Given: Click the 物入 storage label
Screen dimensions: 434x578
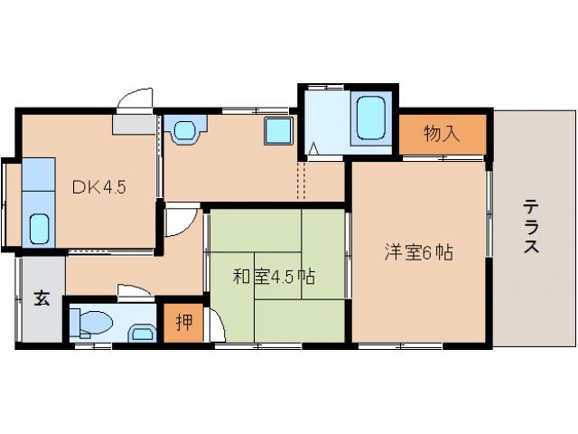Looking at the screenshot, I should pos(442,135).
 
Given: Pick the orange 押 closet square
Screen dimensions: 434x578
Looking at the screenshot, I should pos(183,323).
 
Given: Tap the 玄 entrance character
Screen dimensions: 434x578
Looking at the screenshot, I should pos(42,299).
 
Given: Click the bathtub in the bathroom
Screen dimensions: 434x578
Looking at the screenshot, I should pos(370,117).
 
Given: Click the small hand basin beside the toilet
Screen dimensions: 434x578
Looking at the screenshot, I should pos(142,334).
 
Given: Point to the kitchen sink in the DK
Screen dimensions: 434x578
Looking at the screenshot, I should pos(39,229).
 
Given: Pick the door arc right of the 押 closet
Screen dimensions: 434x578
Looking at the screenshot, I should pos(216,325).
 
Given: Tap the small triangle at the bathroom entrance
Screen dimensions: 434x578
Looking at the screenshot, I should pos(313,147).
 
